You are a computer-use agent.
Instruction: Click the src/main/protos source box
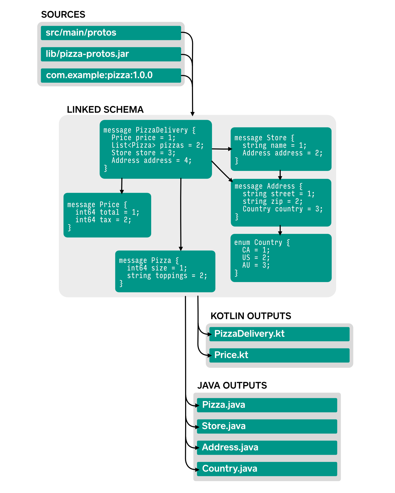(111, 33)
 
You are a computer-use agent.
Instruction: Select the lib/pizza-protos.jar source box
(111, 54)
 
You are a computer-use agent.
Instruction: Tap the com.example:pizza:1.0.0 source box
(111, 76)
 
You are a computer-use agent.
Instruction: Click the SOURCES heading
(63, 15)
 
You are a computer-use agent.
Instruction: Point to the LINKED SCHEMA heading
(105, 110)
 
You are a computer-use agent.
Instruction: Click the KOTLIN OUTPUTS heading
(251, 316)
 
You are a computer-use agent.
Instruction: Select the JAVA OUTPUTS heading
(232, 386)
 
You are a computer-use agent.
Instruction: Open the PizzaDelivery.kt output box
(279, 334)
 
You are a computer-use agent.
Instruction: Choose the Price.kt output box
(279, 355)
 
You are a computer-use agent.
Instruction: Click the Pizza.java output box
(267, 405)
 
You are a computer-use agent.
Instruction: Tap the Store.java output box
(267, 426)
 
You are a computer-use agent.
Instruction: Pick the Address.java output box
(267, 448)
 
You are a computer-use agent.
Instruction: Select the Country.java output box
(267, 469)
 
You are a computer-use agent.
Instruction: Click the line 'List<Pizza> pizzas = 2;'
(157, 145)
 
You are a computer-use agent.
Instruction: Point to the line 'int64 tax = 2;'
(103, 220)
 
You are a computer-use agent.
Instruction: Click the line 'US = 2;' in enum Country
(256, 258)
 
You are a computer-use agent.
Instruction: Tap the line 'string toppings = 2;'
(167, 276)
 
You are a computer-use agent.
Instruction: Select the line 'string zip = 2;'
(272, 201)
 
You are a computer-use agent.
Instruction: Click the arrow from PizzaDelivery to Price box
(122, 186)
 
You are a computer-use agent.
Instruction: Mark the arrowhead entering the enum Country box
(280, 233)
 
